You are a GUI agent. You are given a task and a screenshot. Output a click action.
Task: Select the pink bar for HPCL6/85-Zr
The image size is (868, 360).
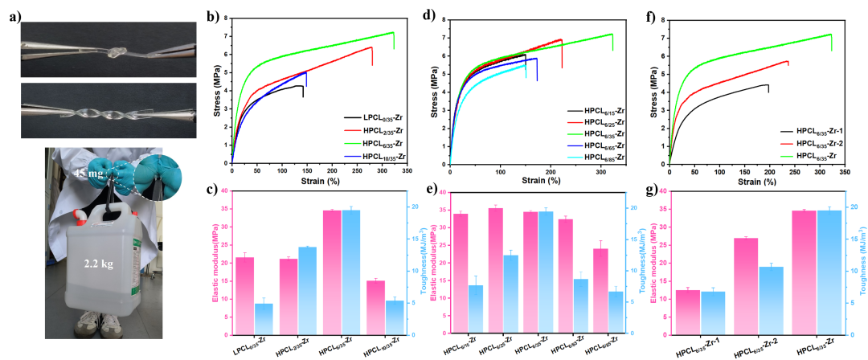[600, 291]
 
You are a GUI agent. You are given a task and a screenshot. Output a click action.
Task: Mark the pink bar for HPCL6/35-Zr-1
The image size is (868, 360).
[688, 312]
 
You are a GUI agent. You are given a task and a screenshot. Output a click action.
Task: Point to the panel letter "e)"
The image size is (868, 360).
[431, 190]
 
